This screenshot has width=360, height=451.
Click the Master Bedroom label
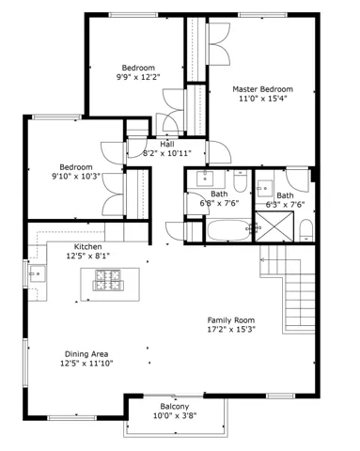coord(264,89)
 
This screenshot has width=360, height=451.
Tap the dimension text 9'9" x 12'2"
coord(138,77)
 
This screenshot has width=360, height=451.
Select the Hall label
coord(166,144)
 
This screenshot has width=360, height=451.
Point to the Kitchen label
coord(88,246)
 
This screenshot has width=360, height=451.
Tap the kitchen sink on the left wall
coord(38,274)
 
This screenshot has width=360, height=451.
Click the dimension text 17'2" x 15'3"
coord(230,329)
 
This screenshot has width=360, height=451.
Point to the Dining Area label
coord(86,353)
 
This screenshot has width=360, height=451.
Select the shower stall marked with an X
coord(278,226)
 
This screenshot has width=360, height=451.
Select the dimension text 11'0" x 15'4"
coord(264,99)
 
